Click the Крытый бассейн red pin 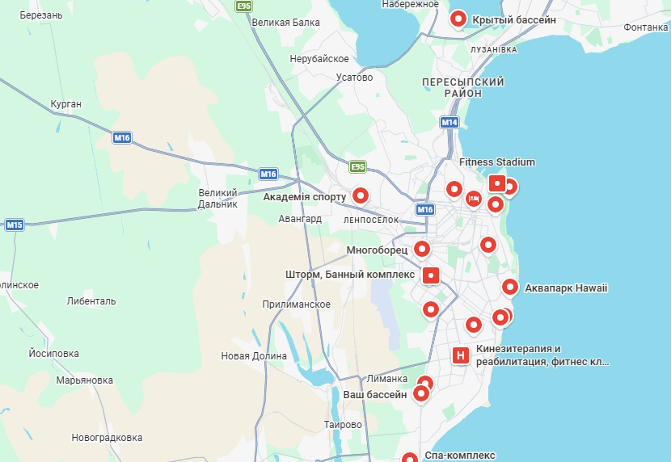(458, 19)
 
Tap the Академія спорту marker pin (361, 195)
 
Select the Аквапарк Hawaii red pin (510, 287)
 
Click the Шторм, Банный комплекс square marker (431, 275)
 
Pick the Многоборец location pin (421, 249)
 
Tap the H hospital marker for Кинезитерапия (460, 355)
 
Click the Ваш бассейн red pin (421, 394)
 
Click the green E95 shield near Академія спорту (357, 167)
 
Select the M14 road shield (449, 123)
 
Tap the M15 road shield (15, 225)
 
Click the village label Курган (65, 104)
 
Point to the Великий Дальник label (218, 198)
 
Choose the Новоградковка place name (107, 438)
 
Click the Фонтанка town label (645, 27)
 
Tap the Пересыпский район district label (463, 87)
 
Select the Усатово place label (354, 78)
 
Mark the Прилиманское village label (297, 304)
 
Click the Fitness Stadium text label (497, 162)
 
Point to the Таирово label (342, 425)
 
